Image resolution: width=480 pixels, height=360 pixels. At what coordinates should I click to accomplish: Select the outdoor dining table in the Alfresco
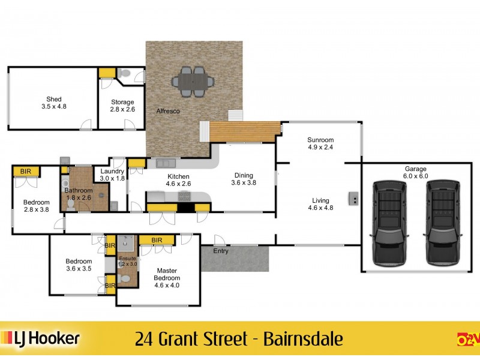pos(191,81)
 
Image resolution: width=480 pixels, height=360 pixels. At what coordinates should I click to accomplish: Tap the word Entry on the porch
pos(221,251)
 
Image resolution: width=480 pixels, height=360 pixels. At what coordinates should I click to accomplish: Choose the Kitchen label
pos(178,180)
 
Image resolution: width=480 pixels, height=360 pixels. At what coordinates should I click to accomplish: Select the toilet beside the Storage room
pos(124,73)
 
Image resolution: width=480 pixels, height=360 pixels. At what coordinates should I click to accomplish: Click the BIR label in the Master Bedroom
pos(157,240)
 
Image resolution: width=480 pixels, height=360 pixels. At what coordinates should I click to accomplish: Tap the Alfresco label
pos(168,112)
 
